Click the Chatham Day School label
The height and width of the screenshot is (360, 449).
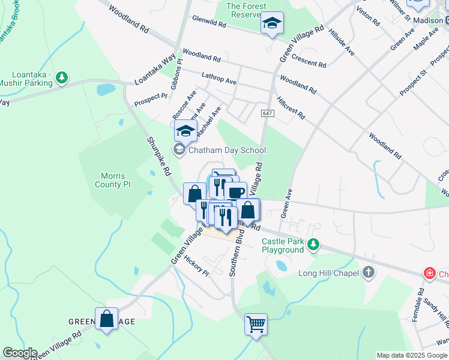click(227, 150)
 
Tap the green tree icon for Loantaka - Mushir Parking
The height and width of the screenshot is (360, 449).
click(61, 77)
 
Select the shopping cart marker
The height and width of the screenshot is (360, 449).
click(256, 324)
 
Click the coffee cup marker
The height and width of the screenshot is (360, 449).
click(235, 192)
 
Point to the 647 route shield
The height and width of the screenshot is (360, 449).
click(267, 113)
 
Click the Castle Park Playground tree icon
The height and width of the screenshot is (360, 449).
click(312, 245)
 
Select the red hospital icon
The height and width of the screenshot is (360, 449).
click(430, 274)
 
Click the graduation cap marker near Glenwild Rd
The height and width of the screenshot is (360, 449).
click(272, 23)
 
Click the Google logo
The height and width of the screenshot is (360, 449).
click(19, 353)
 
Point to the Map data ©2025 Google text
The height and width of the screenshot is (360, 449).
click(411, 355)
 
